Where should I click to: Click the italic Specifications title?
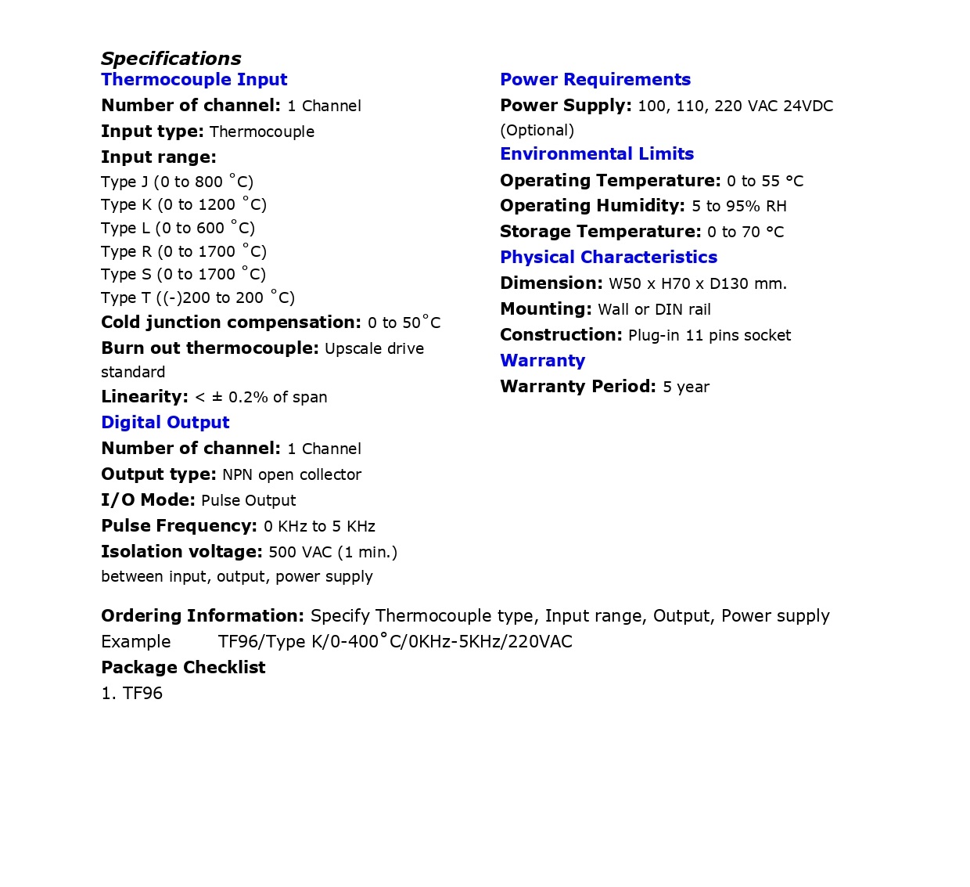(171, 59)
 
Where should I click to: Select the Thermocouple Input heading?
(194, 80)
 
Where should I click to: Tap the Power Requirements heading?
(595, 80)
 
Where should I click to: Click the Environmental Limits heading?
(597, 154)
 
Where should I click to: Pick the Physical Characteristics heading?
(609, 258)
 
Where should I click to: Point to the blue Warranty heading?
(542, 361)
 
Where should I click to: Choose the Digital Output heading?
(165, 423)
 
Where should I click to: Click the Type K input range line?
(184, 205)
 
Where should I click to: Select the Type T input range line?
(198, 298)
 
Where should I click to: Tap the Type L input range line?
(178, 229)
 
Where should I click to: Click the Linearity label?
(145, 397)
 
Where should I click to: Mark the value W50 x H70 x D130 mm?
(698, 284)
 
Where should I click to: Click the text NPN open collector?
(292, 475)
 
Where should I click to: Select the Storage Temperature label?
(601, 232)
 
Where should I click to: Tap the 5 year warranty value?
(686, 388)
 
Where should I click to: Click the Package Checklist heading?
(183, 668)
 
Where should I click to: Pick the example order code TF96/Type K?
(395, 642)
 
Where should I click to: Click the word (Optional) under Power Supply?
(537, 131)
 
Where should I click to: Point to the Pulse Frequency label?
(179, 526)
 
